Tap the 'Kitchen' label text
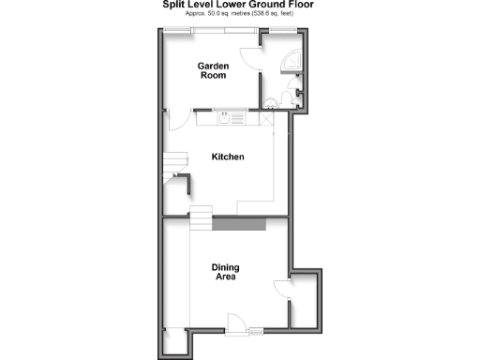pyautogui.click(x=228, y=157)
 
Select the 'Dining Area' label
pyautogui.click(x=224, y=272)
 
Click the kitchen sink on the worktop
pyautogui.click(x=227, y=118)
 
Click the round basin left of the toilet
pyautogui.click(x=271, y=100)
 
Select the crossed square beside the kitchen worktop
pyautogui.click(x=266, y=118)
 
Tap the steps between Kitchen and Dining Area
pyautogui.click(x=202, y=221)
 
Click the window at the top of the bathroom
pyautogui.click(x=278, y=32)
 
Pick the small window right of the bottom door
pyautogui.click(x=255, y=329)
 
